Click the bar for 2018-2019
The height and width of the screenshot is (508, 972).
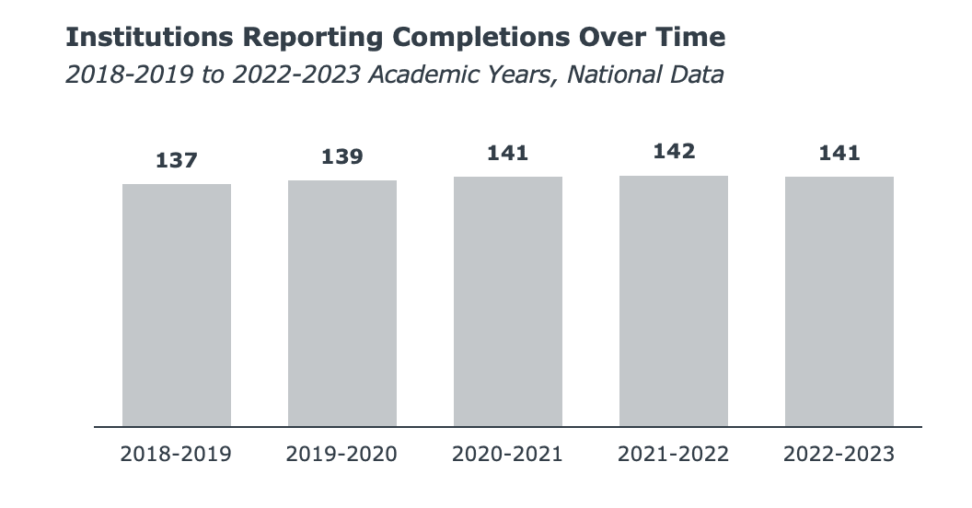click(177, 306)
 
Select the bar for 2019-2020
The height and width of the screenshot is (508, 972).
click(342, 304)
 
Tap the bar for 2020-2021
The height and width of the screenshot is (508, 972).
click(508, 302)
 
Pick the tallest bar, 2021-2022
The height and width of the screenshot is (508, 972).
click(674, 301)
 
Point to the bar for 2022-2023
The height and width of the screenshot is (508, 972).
click(839, 302)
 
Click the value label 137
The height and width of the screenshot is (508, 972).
click(177, 160)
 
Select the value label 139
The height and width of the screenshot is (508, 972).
click(342, 156)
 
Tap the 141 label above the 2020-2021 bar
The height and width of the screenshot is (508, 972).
click(508, 153)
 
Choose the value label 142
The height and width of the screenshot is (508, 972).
click(674, 152)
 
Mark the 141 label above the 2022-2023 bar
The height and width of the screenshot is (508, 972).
click(839, 153)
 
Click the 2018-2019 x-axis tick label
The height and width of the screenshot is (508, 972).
click(177, 455)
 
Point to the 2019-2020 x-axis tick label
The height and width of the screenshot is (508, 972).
click(342, 455)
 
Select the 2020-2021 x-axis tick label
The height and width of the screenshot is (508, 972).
click(508, 455)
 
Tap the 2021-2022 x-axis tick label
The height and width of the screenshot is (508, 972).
click(674, 455)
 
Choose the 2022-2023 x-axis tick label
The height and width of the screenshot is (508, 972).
click(839, 455)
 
